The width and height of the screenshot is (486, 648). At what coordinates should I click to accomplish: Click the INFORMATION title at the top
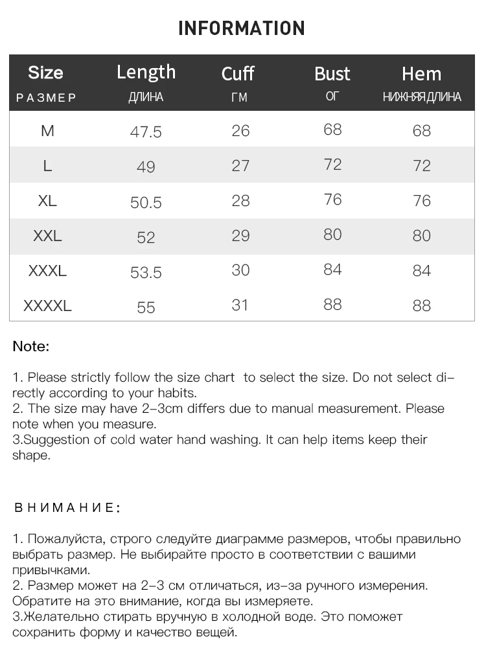point(241,29)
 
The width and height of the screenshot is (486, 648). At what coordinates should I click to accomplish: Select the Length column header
point(146,72)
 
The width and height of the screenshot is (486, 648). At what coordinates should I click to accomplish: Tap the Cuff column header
point(238,74)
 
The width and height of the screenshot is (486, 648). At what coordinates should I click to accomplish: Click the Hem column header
point(421,74)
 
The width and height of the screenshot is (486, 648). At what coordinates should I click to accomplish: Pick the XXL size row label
point(47,236)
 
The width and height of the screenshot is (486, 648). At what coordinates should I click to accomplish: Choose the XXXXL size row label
point(47,306)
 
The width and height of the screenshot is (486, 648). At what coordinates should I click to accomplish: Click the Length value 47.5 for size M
point(146,132)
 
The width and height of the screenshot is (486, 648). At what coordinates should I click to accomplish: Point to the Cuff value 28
point(240,200)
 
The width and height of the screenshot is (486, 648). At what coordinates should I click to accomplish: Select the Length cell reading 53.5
point(146,272)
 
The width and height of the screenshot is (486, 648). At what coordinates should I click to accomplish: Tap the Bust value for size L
point(332,165)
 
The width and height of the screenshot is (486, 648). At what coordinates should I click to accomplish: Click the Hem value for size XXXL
point(421,270)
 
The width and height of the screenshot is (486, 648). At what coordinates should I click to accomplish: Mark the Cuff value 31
point(240,305)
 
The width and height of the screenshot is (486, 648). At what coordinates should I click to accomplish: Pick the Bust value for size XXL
point(332,234)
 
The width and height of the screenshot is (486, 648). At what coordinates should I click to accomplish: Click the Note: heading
point(30,347)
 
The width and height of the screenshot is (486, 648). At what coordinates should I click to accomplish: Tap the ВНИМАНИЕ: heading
point(67,507)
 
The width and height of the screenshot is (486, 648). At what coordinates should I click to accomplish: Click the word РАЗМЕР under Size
point(46,98)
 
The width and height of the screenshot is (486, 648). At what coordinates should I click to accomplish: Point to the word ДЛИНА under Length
point(146,98)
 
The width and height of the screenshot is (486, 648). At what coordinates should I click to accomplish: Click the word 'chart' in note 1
point(219,378)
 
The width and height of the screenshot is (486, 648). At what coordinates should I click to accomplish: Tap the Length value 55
point(146,307)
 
